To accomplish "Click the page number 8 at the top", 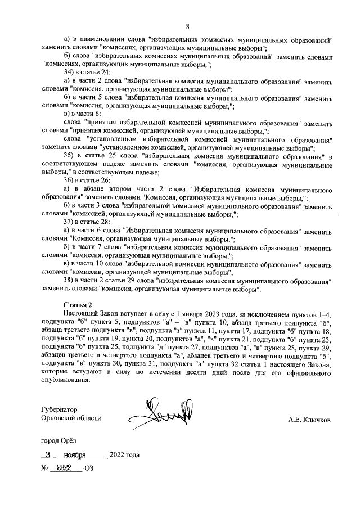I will click(x=188, y=25).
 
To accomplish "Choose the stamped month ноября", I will click(x=75, y=454).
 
